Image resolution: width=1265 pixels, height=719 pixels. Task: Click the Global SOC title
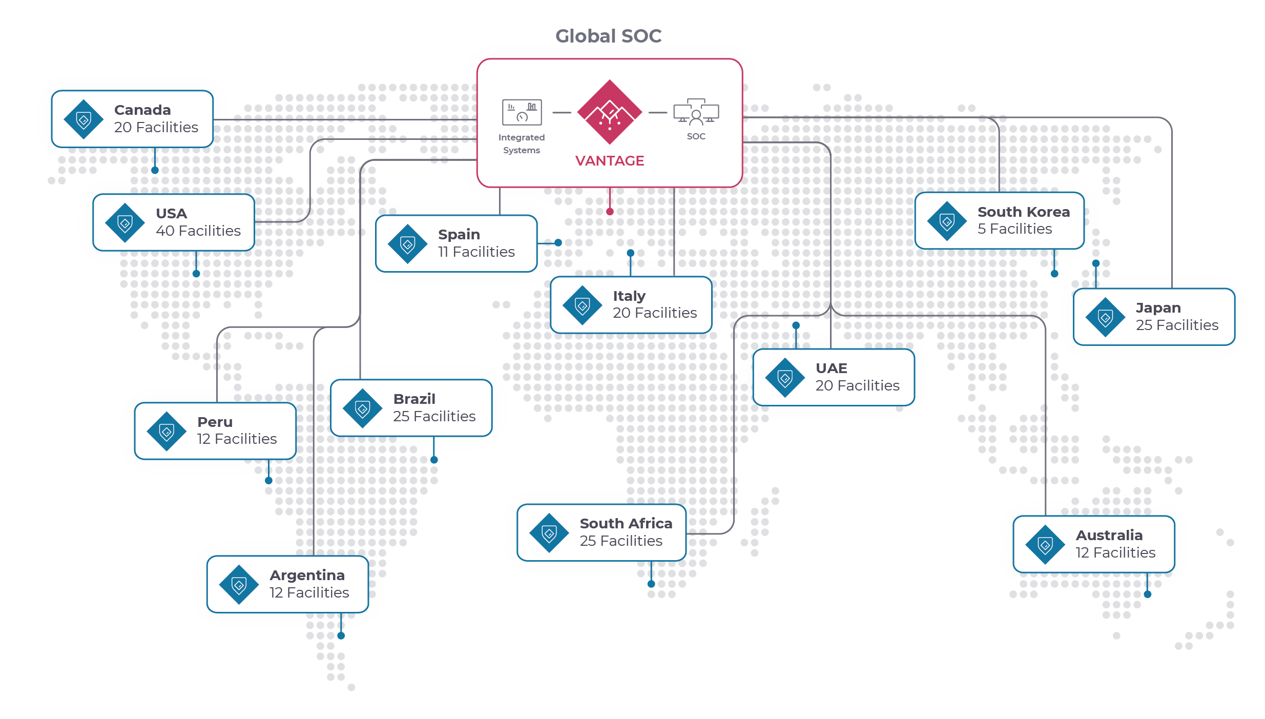tap(608, 36)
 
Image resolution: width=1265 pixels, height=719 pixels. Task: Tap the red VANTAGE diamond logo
tap(609, 112)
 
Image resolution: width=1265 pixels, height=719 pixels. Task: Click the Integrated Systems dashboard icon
tap(522, 112)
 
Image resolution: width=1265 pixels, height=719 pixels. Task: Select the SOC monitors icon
tap(696, 112)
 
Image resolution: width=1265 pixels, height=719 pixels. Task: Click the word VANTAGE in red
tap(609, 161)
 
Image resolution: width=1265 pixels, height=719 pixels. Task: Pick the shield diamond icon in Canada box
tap(84, 120)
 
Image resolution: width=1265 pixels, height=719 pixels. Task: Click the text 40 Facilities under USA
tap(198, 231)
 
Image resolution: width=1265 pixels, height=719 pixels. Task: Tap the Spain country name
tap(459, 234)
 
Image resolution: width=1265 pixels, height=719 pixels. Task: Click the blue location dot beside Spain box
tap(558, 243)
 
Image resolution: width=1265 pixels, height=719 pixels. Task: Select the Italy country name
tap(629, 296)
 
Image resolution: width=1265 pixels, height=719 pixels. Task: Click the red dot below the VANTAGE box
tap(610, 212)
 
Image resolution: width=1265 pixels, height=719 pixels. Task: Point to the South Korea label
tap(1023, 212)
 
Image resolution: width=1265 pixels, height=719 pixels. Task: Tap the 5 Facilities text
tap(1014, 229)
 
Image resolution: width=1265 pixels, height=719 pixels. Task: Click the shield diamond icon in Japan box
tap(1105, 318)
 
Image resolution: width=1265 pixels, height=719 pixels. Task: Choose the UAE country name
tap(831, 368)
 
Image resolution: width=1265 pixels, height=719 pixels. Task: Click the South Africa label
tap(626, 523)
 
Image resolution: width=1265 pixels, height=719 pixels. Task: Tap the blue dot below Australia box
tap(1147, 594)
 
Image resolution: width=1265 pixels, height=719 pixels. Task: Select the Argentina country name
tap(307, 575)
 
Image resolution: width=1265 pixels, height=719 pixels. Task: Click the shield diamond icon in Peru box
tap(167, 432)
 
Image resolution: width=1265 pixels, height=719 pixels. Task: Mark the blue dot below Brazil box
tap(434, 460)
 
